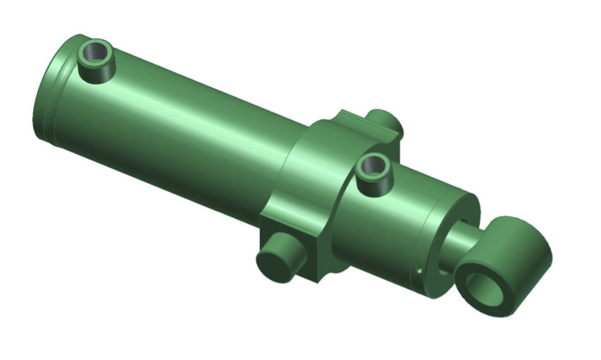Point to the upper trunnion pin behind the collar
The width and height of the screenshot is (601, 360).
coord(387,122)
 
